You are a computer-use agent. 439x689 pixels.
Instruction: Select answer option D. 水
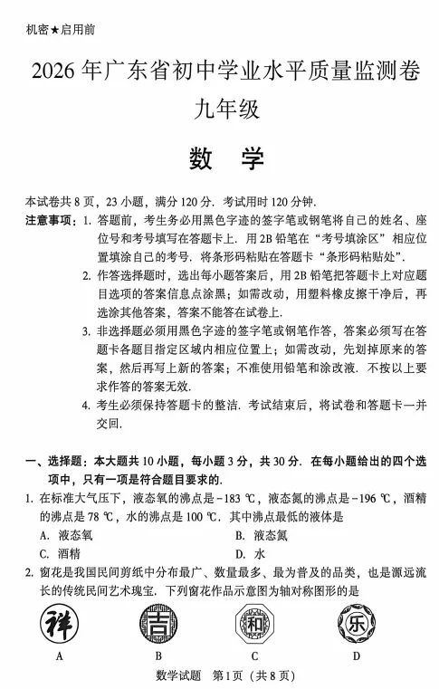pyautogui.click(x=249, y=553)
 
